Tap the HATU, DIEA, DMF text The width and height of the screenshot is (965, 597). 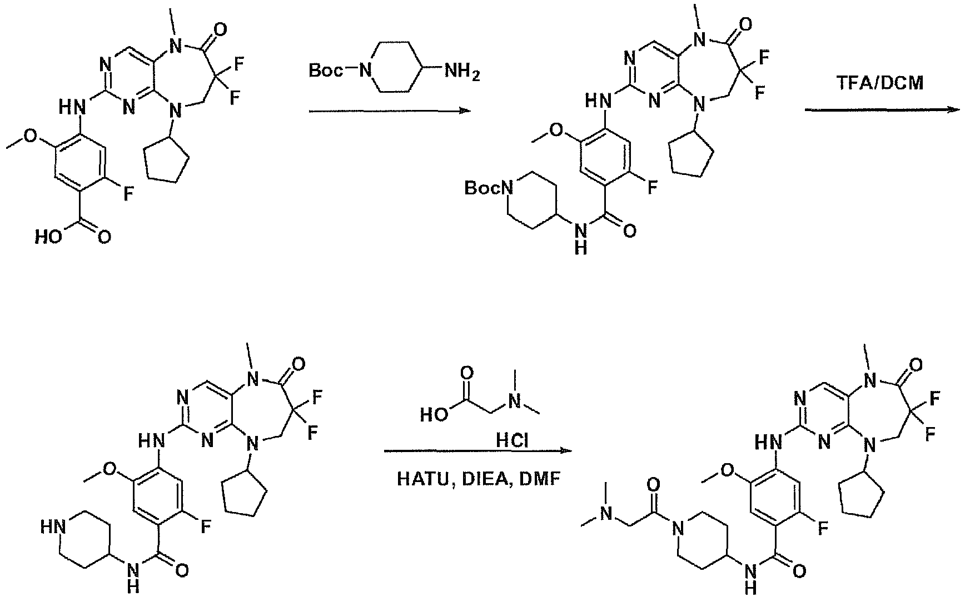click(x=479, y=478)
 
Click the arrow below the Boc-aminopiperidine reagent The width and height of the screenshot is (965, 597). click(x=390, y=112)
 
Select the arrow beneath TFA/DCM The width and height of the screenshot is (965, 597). click(x=883, y=110)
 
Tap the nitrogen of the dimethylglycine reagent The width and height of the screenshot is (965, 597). click(x=516, y=402)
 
